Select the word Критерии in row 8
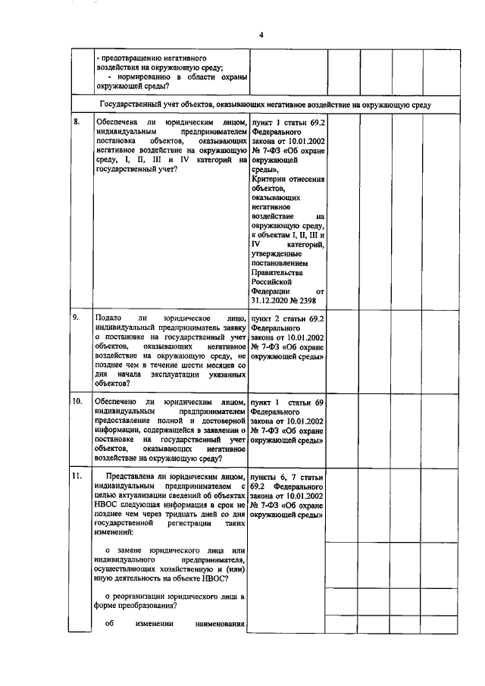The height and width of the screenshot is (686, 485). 272,180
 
